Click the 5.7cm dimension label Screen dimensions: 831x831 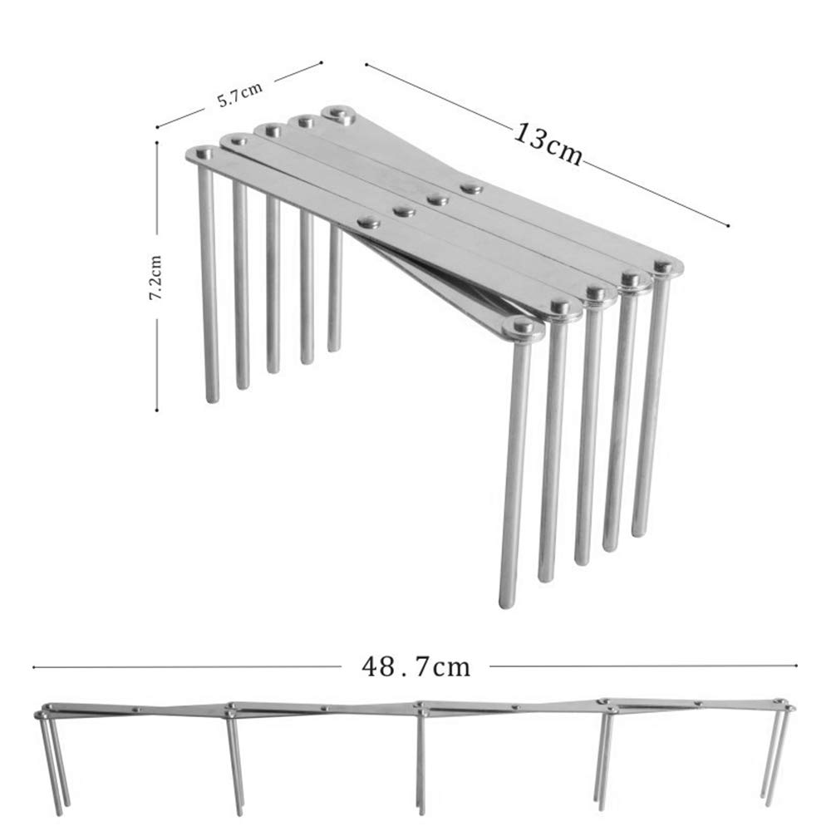[x=239, y=95]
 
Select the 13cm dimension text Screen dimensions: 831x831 [x=548, y=144]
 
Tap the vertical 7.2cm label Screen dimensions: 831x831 [x=155, y=278]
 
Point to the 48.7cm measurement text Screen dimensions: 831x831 [x=415, y=666]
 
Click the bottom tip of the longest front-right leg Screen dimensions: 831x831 [x=507, y=603]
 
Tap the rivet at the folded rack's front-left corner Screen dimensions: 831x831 [x=204, y=154]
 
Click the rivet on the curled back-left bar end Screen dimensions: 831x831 [x=337, y=112]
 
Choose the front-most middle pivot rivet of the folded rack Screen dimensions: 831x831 [x=368, y=222]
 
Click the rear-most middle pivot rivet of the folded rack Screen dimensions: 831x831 [x=470, y=188]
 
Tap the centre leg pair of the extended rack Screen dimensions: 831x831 [x=420, y=762]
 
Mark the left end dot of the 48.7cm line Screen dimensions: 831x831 [x=34, y=667]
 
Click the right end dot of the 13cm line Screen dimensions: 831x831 [x=728, y=226]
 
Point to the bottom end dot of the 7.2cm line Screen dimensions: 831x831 [x=157, y=410]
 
